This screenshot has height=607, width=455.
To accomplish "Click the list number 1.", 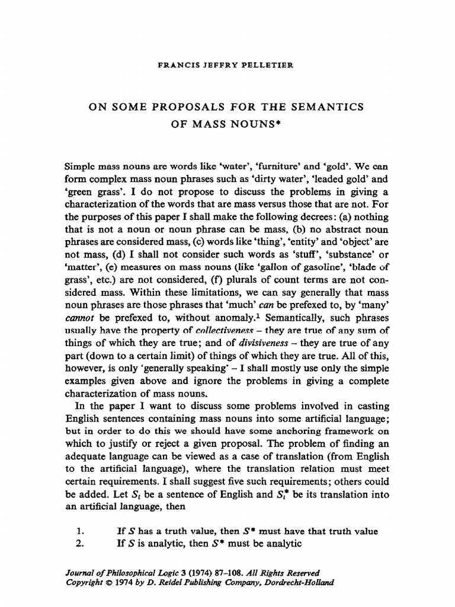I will click(x=81, y=531).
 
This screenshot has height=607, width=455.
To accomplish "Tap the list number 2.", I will click(x=82, y=544).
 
